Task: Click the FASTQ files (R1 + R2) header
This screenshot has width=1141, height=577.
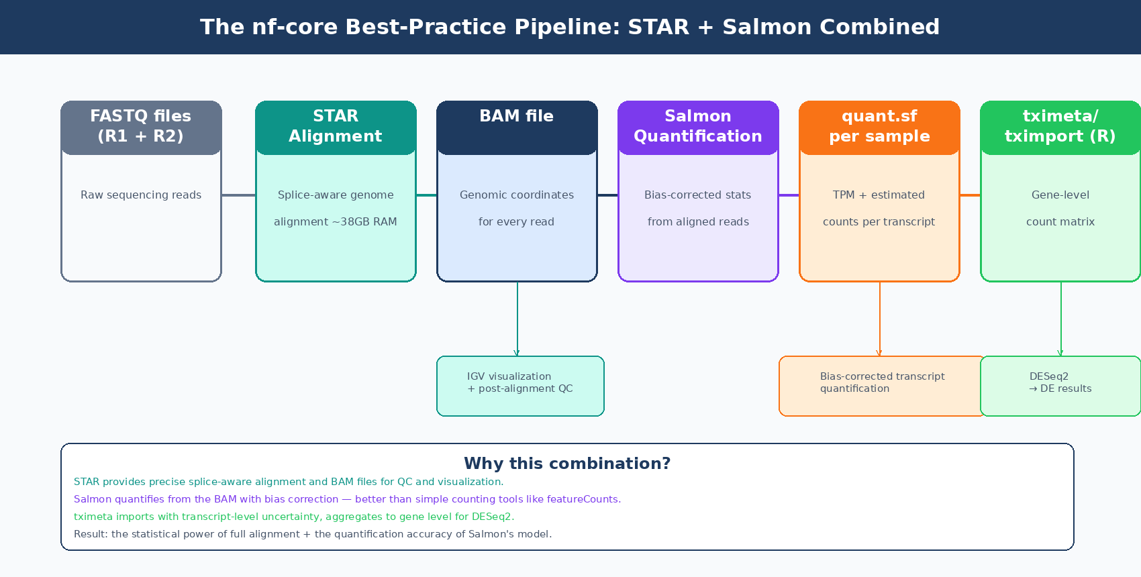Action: pyautogui.click(x=141, y=126)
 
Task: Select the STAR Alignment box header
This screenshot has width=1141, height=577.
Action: pyautogui.click(x=336, y=126)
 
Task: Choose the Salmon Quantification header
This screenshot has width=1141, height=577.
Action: pyautogui.click(x=698, y=126)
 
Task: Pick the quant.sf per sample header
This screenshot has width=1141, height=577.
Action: pyautogui.click(x=879, y=126)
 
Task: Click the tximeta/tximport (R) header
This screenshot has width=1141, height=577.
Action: pyautogui.click(x=1060, y=126)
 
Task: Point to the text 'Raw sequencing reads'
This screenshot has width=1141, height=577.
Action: pyautogui.click(x=141, y=195)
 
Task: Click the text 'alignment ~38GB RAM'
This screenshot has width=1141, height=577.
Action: pyautogui.click(x=336, y=222)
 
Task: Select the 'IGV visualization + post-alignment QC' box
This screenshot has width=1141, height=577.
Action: pyautogui.click(x=520, y=386)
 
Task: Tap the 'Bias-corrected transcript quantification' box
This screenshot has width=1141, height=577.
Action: pyautogui.click(x=881, y=386)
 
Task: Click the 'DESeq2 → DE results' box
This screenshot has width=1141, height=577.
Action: pyautogui.click(x=1060, y=386)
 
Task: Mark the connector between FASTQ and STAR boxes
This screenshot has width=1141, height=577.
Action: pyautogui.click(x=238, y=195)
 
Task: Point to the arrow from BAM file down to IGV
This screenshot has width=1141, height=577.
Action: pyautogui.click(x=517, y=319)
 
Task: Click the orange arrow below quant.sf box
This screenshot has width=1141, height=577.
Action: pyautogui.click(x=879, y=319)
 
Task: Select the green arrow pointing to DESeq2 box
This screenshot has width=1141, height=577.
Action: pyautogui.click(x=1060, y=319)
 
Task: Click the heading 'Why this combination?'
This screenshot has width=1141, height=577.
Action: pyautogui.click(x=567, y=464)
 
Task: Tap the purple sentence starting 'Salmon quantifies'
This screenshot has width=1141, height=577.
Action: pyautogui.click(x=347, y=499)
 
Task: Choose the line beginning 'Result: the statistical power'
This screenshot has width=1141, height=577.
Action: pyautogui.click(x=313, y=534)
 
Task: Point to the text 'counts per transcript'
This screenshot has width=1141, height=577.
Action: pyautogui.click(x=879, y=222)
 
